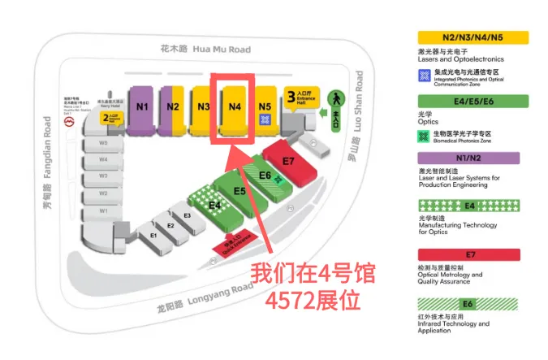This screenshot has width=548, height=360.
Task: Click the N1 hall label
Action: pyautogui.click(x=143, y=106)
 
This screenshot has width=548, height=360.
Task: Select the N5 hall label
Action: pyautogui.click(x=264, y=106)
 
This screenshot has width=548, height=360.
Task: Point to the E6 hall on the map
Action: pyautogui.click(x=265, y=175)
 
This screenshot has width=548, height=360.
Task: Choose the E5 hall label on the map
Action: pyautogui.click(x=239, y=191)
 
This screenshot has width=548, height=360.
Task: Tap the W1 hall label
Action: pyautogui.click(x=104, y=210)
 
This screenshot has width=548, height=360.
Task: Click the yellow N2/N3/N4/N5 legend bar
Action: pyautogui.click(x=472, y=37)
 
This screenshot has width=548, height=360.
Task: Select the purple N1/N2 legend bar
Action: pyautogui.click(x=472, y=158)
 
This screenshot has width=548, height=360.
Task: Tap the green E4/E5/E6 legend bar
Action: pyautogui.click(x=472, y=101)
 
